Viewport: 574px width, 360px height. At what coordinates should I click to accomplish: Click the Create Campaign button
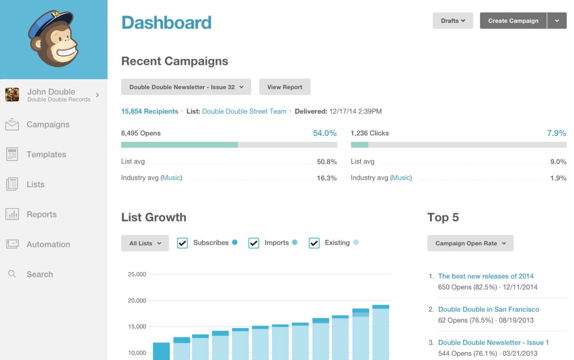[513, 21]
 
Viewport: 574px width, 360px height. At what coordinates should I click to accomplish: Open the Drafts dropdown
[452, 21]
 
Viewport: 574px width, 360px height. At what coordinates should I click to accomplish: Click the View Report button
[284, 87]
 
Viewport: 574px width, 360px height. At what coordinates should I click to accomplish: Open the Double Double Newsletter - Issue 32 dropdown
[186, 87]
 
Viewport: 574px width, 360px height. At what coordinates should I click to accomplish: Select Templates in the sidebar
[46, 155]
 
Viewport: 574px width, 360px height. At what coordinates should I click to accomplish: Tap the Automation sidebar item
[48, 244]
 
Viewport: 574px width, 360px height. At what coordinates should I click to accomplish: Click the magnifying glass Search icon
[12, 274]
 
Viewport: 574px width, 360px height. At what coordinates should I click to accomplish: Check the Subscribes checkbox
[182, 243]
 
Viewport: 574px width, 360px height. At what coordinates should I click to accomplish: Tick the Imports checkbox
[254, 243]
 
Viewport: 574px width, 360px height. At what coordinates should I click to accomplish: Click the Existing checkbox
[314, 243]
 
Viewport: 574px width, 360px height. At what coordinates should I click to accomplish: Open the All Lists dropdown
[145, 243]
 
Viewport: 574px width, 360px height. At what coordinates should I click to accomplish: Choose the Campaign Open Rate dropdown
[470, 243]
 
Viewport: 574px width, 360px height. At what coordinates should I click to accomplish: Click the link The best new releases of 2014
[486, 276]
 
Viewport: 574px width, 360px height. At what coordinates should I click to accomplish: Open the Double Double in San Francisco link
[488, 309]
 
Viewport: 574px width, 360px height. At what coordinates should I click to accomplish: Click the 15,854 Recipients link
[149, 111]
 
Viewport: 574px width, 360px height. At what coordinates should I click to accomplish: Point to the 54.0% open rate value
[325, 133]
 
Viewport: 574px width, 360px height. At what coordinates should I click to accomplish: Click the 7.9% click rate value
[556, 133]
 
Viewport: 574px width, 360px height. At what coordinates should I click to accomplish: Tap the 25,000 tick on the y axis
[137, 274]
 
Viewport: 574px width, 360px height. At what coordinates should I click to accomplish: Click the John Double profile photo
[12, 95]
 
